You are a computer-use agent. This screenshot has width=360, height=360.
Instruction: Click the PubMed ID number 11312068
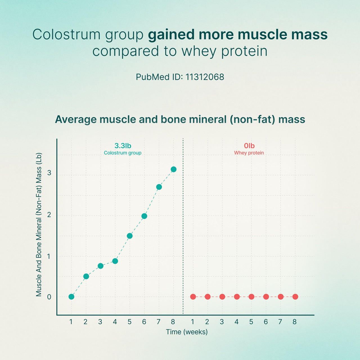click(205, 77)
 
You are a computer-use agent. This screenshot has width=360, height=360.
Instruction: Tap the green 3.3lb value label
click(123, 146)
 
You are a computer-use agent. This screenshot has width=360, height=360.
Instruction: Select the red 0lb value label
click(249, 146)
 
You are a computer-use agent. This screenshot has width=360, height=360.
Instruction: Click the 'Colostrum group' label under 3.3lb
click(123, 153)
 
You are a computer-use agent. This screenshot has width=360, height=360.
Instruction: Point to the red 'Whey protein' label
click(249, 153)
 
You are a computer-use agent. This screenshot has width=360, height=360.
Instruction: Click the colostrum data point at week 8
click(174, 169)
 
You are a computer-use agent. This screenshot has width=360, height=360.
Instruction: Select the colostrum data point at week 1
click(71, 297)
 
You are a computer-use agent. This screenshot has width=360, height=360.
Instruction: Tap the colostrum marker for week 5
click(130, 236)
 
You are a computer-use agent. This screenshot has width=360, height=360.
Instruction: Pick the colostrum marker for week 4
click(115, 261)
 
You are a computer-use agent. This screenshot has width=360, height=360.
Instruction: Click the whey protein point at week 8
click(295, 297)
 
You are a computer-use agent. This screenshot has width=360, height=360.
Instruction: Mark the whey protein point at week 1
click(193, 297)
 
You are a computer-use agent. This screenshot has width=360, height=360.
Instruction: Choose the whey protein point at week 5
click(251, 297)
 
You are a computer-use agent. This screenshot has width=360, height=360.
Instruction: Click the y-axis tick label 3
click(49, 173)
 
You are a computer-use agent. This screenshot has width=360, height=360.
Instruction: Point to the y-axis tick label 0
click(49, 297)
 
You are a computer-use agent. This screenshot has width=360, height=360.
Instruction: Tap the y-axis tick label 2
click(49, 215)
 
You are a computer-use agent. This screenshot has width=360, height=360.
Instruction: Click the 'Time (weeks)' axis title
click(187, 332)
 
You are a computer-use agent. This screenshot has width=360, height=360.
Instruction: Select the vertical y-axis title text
click(39, 224)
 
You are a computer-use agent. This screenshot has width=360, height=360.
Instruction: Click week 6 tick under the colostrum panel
click(144, 322)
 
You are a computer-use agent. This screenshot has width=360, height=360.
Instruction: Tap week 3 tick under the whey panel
click(222, 322)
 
